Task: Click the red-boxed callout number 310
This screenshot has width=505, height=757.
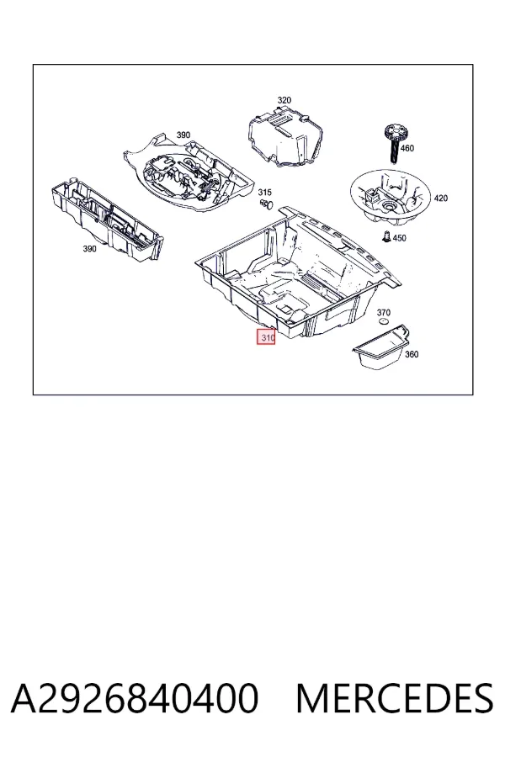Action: tap(266, 337)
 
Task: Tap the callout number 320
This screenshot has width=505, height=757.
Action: tap(284, 100)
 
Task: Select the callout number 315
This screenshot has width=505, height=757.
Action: tap(264, 193)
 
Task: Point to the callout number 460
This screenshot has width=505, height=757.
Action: tap(407, 148)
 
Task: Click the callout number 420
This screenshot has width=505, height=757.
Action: tap(441, 198)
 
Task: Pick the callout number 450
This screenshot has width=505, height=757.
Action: tap(399, 238)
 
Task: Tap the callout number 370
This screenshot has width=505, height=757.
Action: tap(383, 312)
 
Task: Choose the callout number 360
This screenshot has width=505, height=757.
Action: tap(412, 354)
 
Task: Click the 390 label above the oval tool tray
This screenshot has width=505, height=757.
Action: tap(183, 135)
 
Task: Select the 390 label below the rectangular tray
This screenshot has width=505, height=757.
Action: tap(89, 249)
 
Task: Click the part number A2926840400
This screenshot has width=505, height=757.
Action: tap(135, 698)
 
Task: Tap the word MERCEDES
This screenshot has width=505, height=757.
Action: tap(395, 698)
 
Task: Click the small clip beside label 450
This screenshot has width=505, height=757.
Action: tap(386, 237)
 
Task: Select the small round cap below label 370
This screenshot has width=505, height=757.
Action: tap(383, 322)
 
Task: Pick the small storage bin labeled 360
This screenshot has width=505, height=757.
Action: tap(381, 347)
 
